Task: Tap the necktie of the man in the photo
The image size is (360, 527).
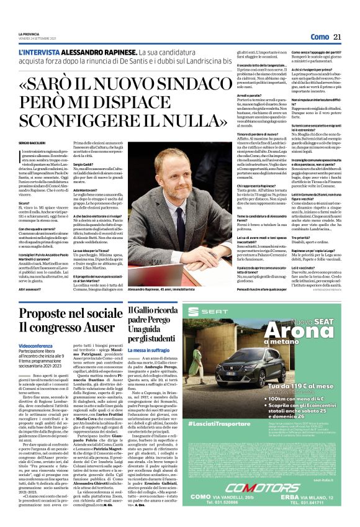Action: point(182,215)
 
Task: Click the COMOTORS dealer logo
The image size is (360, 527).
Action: point(254,487)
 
